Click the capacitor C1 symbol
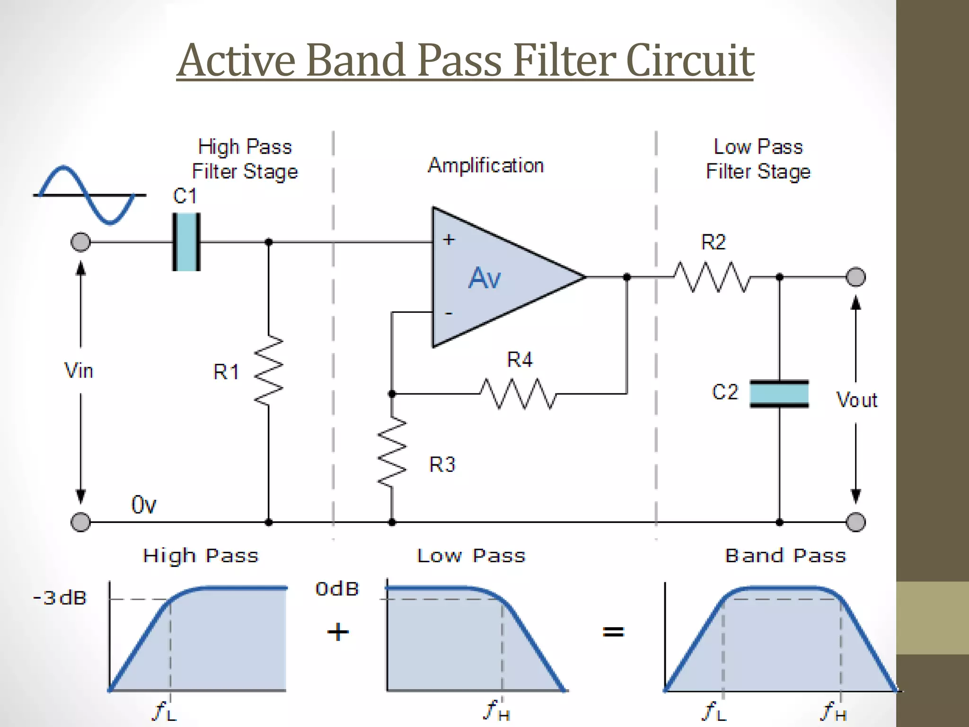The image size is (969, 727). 186,242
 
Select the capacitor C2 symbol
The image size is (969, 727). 779,393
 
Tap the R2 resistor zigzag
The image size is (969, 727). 712,277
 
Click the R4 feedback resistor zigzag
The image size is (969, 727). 518,393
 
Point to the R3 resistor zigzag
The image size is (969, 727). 392,452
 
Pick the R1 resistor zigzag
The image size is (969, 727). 269,370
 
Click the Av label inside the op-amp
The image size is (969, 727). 484,278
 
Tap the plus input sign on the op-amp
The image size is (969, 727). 449,239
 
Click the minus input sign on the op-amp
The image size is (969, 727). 449,313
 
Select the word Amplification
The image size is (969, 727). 486,166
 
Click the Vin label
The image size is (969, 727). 79,371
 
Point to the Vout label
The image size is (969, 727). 856,400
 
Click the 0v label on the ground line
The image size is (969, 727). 143,505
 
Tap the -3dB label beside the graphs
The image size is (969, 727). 60,598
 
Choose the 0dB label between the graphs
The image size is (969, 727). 337,589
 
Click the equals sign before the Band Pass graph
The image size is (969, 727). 613,631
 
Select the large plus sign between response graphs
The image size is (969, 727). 338,632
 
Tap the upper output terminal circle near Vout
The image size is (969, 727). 855,277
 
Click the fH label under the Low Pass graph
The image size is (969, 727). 497,710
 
